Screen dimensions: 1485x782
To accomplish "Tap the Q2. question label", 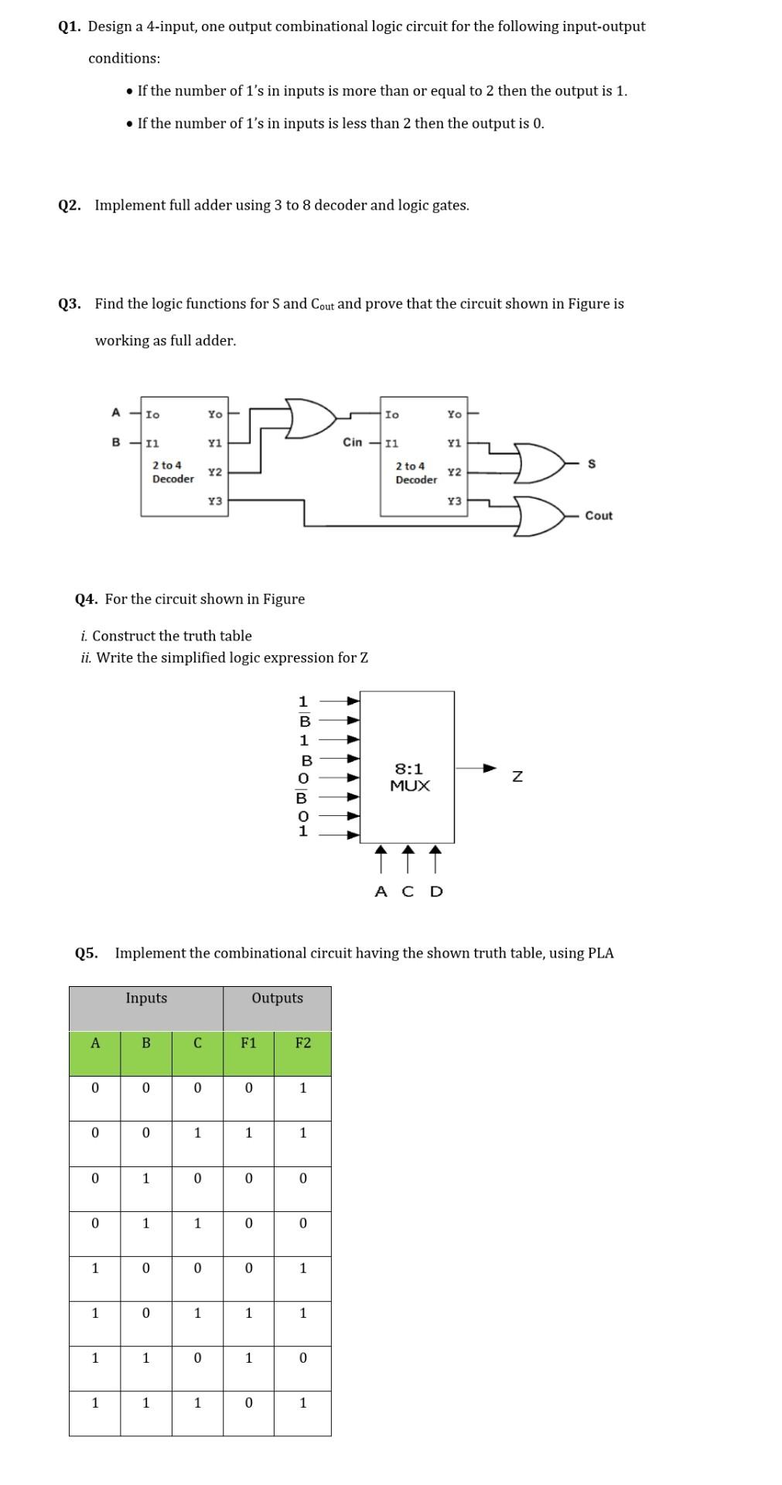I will coord(69,206).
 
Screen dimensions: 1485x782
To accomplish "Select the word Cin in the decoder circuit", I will coord(352,442).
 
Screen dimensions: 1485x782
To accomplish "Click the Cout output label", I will coord(599,516).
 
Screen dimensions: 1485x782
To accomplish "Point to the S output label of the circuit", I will coord(592,464).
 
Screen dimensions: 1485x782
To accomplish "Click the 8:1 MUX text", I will coord(409,777).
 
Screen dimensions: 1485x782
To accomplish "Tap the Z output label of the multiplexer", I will coord(517,777).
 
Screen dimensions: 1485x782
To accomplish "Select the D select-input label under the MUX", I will coord(436,892).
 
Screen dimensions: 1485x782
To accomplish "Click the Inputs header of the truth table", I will coord(146,999).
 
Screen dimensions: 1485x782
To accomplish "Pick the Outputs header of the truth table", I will coord(277,999).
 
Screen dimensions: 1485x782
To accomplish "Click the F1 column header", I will coord(248,1043).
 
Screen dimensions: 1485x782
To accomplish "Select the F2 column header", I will coord(302,1043).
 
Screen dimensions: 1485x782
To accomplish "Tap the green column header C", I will coord(197,1043).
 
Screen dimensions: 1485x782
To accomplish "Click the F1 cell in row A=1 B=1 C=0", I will coord(248,1358).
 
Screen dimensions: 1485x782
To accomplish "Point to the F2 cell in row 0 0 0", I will coord(302,1088).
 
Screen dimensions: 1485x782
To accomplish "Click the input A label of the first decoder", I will coord(116,413).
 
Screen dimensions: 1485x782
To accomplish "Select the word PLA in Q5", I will coord(601,954).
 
